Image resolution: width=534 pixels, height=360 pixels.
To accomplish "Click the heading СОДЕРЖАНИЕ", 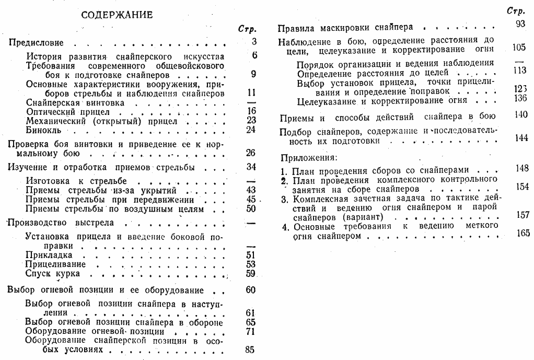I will tap(117, 15).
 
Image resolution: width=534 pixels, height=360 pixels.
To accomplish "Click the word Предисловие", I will tap(36, 42).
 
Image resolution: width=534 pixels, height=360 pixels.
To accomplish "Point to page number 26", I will tap(251, 153).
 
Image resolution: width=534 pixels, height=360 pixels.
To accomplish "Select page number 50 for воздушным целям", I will tap(251, 209).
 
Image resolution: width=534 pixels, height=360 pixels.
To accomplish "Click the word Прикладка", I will tap(49, 255).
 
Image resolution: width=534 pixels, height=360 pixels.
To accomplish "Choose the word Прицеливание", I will tap(56, 264).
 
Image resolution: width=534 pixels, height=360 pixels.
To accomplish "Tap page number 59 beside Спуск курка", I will tap(251, 273).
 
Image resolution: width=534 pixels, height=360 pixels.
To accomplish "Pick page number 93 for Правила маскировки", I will tap(519, 24).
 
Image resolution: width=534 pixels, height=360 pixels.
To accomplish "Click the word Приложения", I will tap(308, 157).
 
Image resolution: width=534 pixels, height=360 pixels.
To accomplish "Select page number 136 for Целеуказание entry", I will tap(520, 99).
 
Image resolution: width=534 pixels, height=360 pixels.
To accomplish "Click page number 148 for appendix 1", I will tap(521, 169).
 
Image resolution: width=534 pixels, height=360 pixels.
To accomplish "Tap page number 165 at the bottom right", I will tap(521, 233).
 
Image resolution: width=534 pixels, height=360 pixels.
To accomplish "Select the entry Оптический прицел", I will tap(67, 112).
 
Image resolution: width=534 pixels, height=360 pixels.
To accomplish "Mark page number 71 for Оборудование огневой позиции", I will tap(250, 332).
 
